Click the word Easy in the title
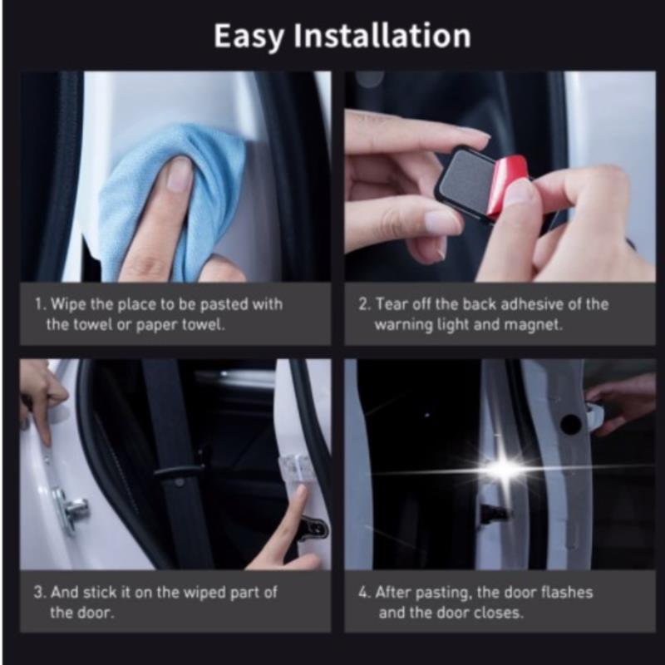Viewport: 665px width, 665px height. click(249, 37)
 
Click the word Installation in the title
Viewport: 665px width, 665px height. click(382, 35)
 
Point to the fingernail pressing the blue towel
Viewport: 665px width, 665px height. click(179, 174)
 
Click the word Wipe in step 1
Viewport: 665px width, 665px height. click(69, 304)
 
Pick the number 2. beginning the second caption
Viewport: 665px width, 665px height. click(364, 304)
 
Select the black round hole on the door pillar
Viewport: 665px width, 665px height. click(570, 424)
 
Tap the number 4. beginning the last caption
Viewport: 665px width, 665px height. click(364, 593)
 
